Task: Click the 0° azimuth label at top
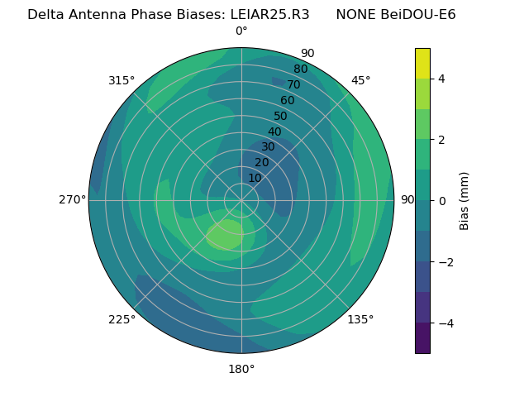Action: point(241,31)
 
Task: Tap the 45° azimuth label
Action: point(361,80)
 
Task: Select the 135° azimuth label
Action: point(360,319)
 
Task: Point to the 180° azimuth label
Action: point(241,369)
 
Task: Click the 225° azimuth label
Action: point(122,319)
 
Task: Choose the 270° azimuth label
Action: point(73,200)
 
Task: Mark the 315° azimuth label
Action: point(122,80)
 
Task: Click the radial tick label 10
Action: point(255,178)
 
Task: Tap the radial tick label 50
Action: point(281,116)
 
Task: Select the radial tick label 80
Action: point(300,69)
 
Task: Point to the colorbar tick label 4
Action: point(442,79)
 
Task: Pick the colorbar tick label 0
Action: point(442,201)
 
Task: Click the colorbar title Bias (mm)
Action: point(465,201)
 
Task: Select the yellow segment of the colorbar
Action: point(422,63)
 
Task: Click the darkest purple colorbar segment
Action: point(422,337)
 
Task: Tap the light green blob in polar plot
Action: point(224,235)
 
